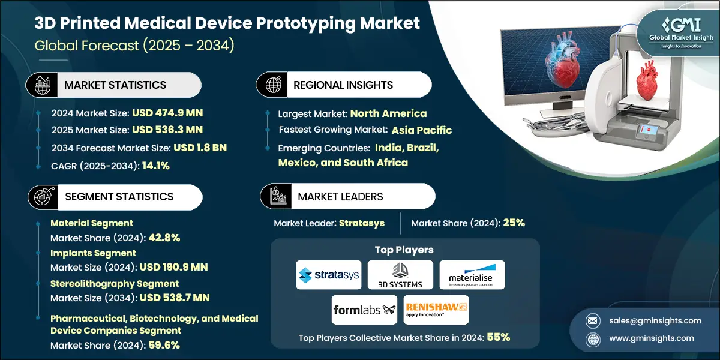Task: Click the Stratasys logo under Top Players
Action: pos(329,275)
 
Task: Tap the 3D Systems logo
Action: pos(400,275)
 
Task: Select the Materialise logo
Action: pos(472,275)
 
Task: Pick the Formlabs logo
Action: pos(364,310)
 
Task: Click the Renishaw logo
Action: pos(436,310)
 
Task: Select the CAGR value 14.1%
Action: pos(155,166)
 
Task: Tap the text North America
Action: pos(388,113)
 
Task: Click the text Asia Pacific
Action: pos(422,130)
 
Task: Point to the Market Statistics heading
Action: pos(115,85)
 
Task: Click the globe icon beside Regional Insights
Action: pos(273,85)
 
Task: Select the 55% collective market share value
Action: pos(498,337)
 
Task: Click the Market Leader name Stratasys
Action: pos(362,223)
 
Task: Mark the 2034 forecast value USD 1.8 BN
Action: pos(201,148)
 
